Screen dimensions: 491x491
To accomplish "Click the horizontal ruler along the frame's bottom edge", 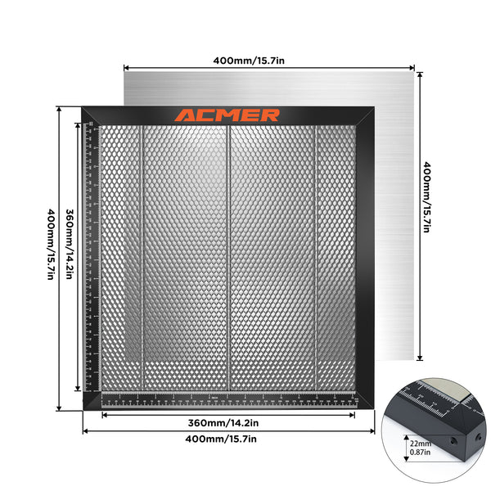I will coord(229,400).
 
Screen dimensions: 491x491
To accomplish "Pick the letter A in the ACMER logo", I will coord(184,115).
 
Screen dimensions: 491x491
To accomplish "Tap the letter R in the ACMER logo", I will coord(269,115).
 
